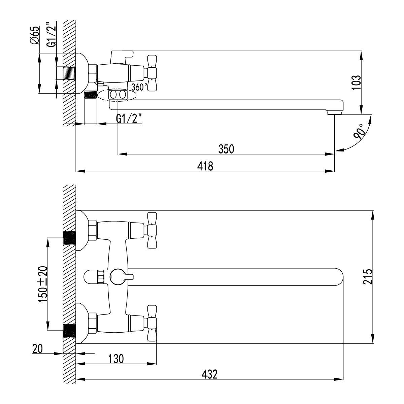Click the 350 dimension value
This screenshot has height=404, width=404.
226,149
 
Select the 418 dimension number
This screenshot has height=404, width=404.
206,166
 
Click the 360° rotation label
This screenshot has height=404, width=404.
139,87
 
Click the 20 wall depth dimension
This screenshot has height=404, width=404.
38,349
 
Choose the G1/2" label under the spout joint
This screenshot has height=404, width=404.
129,119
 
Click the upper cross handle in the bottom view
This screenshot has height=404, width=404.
152,230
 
